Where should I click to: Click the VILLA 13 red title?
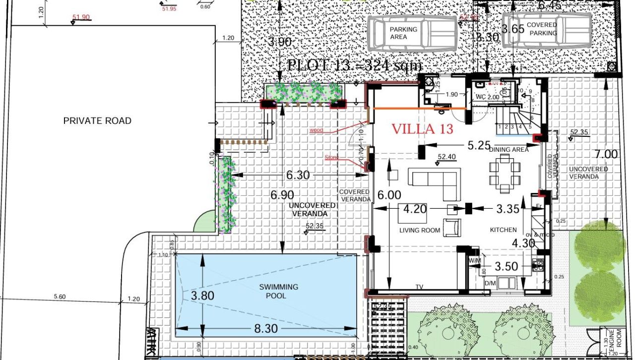pos(422,129)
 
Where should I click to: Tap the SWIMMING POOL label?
pos(278,291)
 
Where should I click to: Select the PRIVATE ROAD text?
pos(97,120)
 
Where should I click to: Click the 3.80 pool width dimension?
pos(202,296)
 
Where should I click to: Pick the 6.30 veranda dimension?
pos(298,175)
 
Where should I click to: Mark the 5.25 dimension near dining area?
pos(479,145)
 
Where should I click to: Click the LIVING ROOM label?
pos(420,230)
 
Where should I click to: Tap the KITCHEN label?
pos(504,230)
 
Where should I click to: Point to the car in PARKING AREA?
pos(412,33)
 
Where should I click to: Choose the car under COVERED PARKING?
pos(546,30)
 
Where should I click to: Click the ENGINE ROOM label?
pos(612,340)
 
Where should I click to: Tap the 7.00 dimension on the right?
pos(606,154)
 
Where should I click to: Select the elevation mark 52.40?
pos(446,157)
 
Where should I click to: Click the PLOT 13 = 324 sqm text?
pos(354,65)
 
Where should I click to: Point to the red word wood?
pos(316,130)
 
